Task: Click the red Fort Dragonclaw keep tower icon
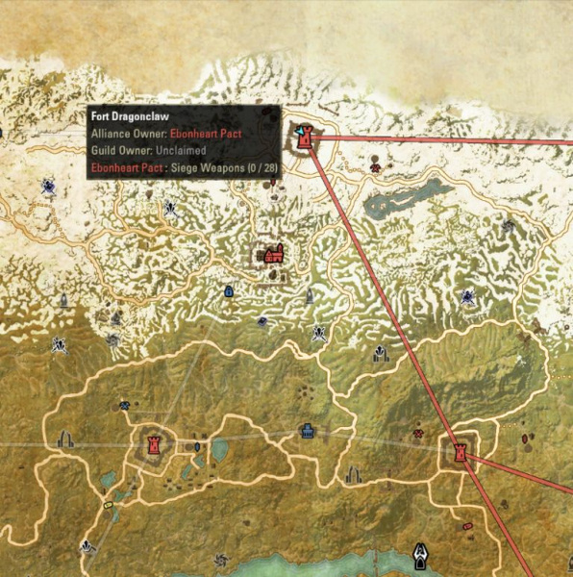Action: coord(307,138)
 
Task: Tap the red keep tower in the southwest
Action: coord(153,444)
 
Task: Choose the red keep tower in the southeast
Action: coord(461,450)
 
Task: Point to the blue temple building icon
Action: coord(307,430)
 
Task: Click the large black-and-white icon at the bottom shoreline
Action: coord(420,555)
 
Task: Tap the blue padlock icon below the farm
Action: coord(229,290)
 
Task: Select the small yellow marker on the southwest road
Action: coord(108,504)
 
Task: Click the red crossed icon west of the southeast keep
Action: coord(418,434)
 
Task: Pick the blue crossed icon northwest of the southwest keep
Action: coord(124,406)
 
